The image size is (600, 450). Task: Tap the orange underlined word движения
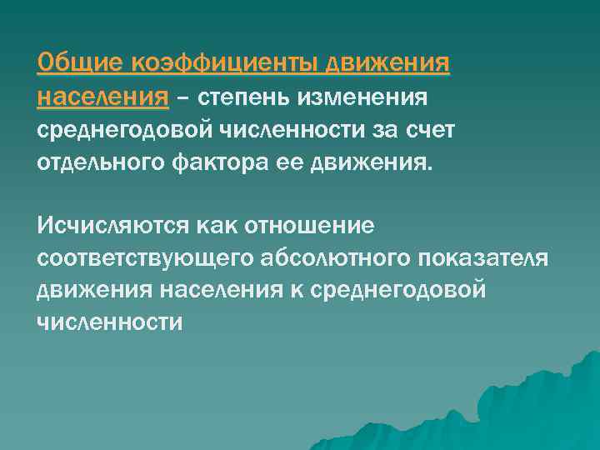pyautogui.click(x=388, y=63)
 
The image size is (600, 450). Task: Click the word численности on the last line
pyautogui.click(x=109, y=322)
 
